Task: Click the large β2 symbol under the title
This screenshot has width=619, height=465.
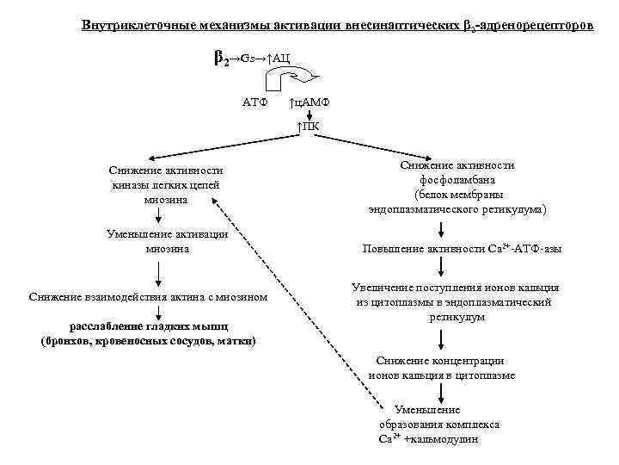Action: click(219, 59)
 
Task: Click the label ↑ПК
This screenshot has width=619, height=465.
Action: click(309, 127)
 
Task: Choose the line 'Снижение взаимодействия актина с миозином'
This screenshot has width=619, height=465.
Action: click(147, 297)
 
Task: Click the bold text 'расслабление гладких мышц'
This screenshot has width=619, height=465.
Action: click(148, 325)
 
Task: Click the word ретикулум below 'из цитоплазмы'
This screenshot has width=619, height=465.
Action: click(457, 317)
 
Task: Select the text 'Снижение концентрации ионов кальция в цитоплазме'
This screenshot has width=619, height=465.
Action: click(442, 368)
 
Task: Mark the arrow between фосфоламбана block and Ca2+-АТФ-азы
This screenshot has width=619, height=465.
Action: click(442, 229)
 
